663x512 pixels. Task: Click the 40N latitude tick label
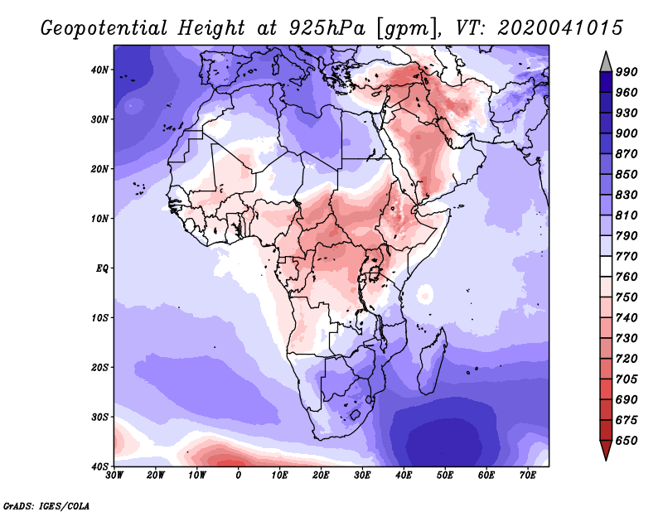[99, 70]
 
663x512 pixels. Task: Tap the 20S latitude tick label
[99, 367]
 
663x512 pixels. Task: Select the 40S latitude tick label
[99, 466]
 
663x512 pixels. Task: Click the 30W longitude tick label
[114, 476]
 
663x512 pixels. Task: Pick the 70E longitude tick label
[527, 476]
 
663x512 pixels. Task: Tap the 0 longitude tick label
[239, 476]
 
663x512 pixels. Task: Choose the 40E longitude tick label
[404, 476]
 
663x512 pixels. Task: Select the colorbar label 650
[626, 441]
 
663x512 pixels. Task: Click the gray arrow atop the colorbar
[606, 61]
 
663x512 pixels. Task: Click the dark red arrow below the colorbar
[606, 450]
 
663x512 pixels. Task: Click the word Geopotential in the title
[100, 27]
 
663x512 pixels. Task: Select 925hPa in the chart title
[319, 27]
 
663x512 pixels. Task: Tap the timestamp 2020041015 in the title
[560, 27]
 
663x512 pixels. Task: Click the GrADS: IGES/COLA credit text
[46, 504]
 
